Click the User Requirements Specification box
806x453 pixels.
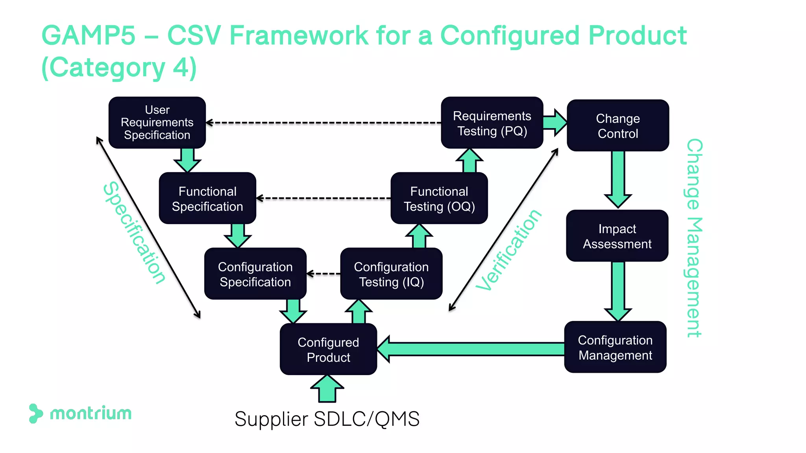[157, 122]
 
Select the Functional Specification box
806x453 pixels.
[207, 198]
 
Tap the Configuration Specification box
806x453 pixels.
[255, 274]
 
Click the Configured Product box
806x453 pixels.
[328, 349]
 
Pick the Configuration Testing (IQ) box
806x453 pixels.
[391, 274]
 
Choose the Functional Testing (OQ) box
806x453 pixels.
[439, 198]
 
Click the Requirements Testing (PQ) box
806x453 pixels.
[492, 123]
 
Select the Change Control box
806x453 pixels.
[618, 125]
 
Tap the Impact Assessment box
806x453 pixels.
[617, 236]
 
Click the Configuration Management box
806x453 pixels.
[615, 347]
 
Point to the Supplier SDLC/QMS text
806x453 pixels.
[327, 419]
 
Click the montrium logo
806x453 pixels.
[81, 413]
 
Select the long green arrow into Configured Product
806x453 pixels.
[472, 349]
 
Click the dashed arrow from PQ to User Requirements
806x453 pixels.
[323, 123]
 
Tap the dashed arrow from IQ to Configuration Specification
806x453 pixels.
[324, 274]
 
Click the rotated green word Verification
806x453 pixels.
[508, 250]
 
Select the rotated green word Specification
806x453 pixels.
[134, 233]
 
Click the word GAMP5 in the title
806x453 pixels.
[88, 35]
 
